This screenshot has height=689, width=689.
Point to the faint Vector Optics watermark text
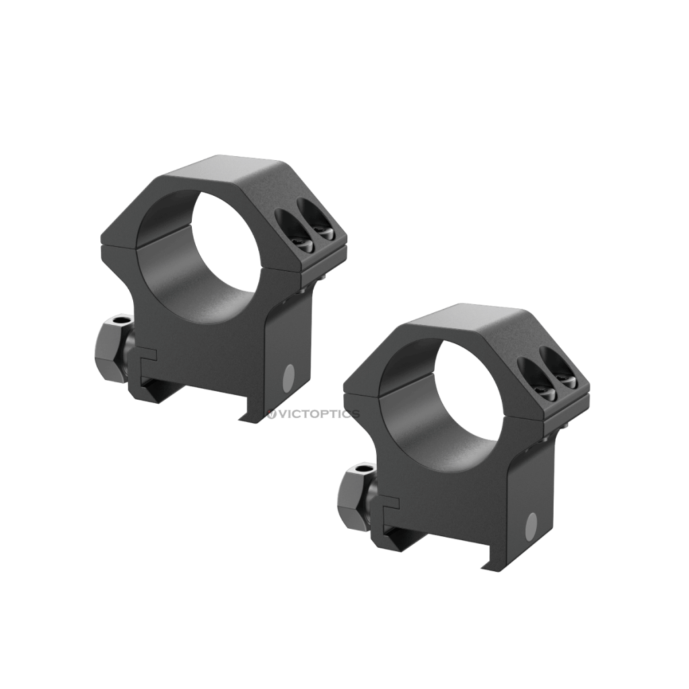coord(314,414)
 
